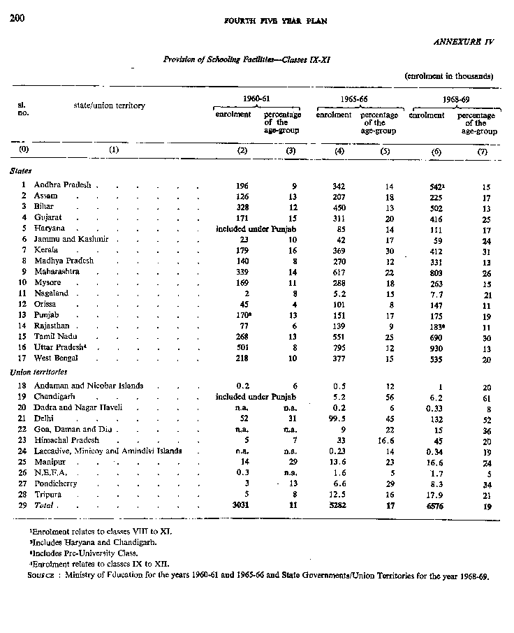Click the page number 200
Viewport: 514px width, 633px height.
(x=17, y=18)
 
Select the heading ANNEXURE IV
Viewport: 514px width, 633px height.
(x=463, y=42)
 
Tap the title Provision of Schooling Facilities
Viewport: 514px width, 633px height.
(x=247, y=60)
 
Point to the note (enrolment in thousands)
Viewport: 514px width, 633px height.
(x=448, y=76)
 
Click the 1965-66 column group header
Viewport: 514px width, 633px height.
(x=355, y=99)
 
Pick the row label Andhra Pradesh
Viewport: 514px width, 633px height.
(x=62, y=185)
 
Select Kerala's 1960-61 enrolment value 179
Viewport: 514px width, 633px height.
(x=241, y=250)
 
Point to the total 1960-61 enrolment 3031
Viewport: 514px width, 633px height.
(x=238, y=505)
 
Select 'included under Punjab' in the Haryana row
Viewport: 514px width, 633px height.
(x=256, y=228)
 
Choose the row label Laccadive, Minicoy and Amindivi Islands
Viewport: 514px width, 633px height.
(x=108, y=451)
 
